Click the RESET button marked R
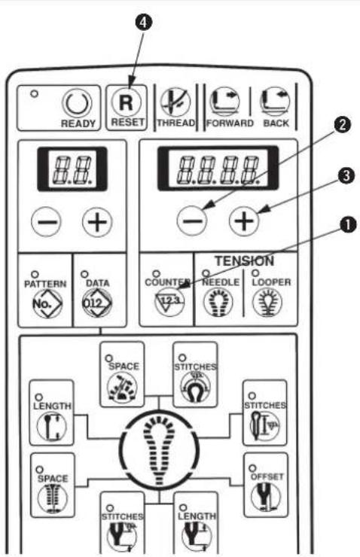[127, 102]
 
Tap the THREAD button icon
[175, 102]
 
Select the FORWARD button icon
[224, 102]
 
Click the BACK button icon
[275, 102]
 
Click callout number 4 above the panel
[143, 22]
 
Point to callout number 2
[341, 125]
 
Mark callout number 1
[348, 224]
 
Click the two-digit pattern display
[72, 169]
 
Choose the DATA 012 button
[97, 303]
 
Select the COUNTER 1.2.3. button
[169, 302]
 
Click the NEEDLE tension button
[218, 302]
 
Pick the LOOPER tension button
[267, 302]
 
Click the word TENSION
[244, 261]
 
